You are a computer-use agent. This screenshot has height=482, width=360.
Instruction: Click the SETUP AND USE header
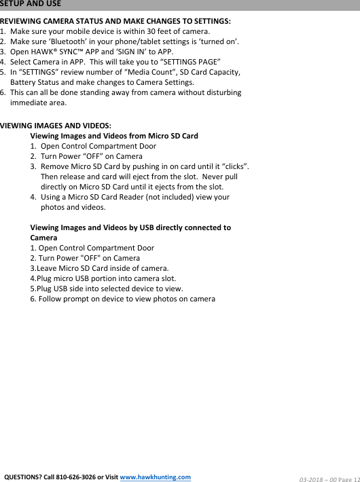coord(31,4)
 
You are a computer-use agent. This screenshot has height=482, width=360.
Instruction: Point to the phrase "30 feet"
coord(150,32)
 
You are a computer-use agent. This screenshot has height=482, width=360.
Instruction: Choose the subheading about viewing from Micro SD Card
coord(114,136)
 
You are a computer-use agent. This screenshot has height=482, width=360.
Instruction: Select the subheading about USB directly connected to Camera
coord(130,227)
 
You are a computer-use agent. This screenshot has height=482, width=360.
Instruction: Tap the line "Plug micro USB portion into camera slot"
coord(103,278)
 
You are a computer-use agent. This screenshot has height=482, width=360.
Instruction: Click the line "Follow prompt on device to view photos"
coord(122,299)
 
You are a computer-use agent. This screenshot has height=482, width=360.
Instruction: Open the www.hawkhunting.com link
coord(155,477)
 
